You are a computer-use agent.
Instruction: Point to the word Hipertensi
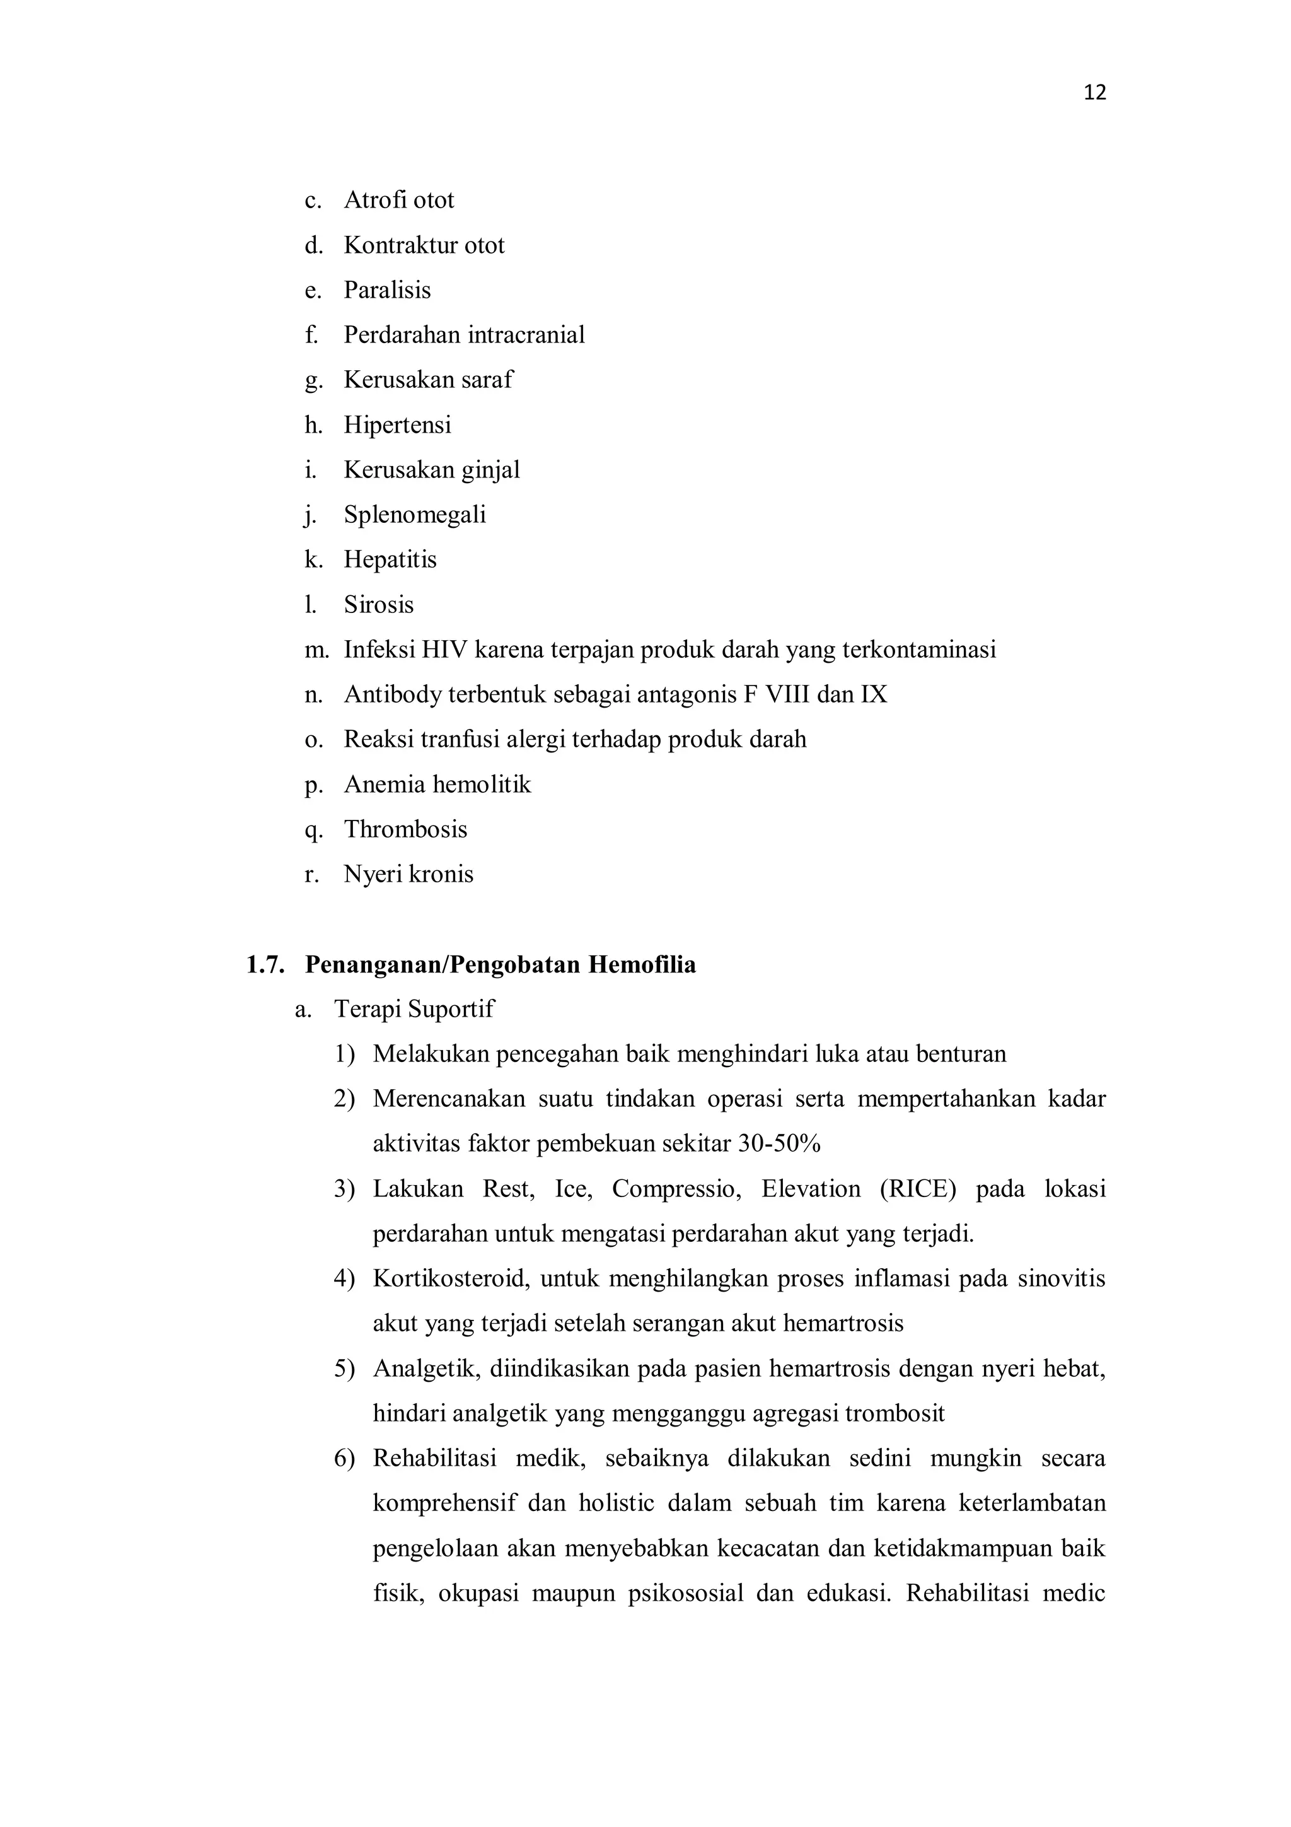coord(397,425)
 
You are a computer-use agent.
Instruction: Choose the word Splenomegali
coord(414,515)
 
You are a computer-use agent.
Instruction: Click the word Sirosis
coord(379,605)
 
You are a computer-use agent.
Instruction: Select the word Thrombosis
coord(405,829)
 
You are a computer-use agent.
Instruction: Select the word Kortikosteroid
coord(450,1279)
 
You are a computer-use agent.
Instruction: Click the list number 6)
coord(344,1459)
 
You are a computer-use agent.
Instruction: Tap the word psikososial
coord(685,1594)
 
